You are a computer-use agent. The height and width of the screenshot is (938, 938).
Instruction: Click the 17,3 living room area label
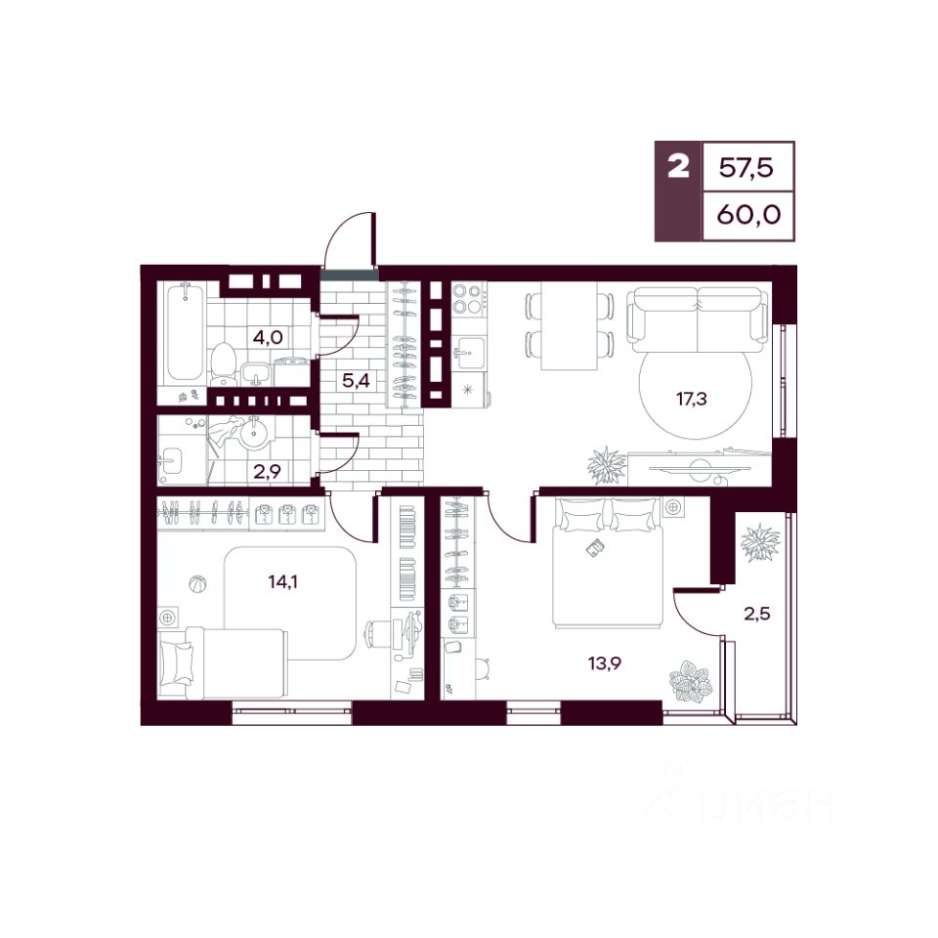692,399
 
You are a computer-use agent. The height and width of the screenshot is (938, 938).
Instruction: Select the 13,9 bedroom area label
606,662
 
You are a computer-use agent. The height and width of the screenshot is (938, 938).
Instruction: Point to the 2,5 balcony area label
756,614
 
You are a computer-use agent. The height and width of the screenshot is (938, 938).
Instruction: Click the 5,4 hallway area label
356,380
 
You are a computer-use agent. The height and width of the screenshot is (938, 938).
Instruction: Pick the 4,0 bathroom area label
268,337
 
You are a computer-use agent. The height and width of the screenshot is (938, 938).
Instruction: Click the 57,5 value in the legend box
746,167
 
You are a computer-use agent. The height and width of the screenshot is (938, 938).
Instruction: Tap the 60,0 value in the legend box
749,214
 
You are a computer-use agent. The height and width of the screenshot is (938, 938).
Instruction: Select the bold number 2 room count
678,166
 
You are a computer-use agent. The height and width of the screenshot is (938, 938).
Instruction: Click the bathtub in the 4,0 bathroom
185,332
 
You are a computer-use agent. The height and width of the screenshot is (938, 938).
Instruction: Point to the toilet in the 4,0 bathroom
225,363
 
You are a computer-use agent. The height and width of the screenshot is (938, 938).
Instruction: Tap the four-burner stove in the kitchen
467,299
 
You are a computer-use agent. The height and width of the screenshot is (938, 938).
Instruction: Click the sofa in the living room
698,320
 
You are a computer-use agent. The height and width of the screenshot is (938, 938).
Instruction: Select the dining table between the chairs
569,325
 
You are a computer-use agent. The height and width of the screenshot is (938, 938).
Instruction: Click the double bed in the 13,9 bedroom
609,563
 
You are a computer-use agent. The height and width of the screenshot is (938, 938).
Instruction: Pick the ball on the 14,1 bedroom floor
197,583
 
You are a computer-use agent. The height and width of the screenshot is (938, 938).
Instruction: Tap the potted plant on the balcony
760,542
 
